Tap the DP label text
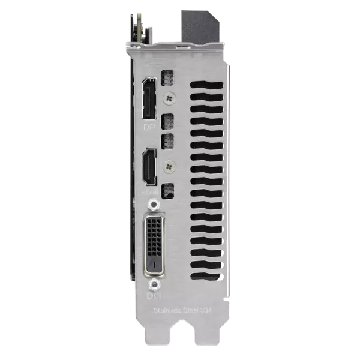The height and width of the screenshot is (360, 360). (149, 128)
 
